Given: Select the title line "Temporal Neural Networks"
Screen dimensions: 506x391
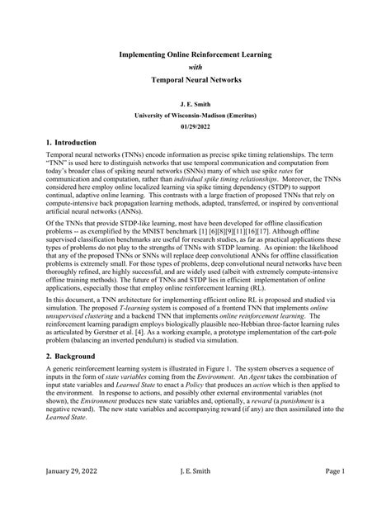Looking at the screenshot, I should [x=195, y=82].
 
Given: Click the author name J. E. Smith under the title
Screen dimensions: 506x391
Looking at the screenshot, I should [x=195, y=106].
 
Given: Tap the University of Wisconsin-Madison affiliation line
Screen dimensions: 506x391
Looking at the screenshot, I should [x=195, y=117].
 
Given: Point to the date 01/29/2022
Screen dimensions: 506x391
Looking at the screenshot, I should [x=195, y=129].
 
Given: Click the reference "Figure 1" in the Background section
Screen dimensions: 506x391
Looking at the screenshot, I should [x=250, y=394].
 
